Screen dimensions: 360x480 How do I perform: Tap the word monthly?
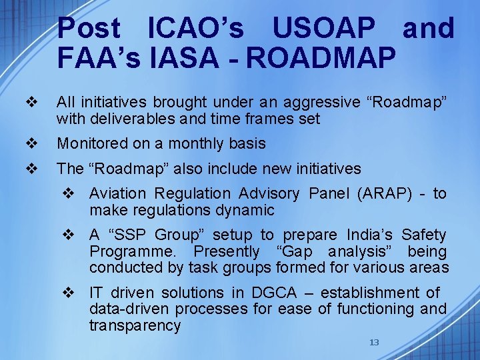(194, 144)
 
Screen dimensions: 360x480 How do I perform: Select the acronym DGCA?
(275, 293)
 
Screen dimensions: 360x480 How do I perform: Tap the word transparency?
(135, 326)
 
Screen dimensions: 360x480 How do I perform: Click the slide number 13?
(374, 342)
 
